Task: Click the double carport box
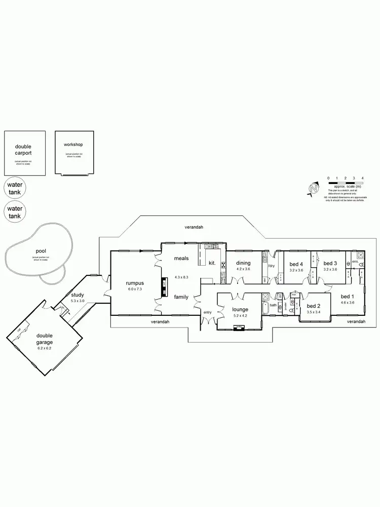point(24,152)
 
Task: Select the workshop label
point(73,144)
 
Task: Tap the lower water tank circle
point(15,212)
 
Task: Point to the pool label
point(41,251)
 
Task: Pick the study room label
point(78,295)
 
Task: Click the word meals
point(181,259)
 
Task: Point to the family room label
point(182,297)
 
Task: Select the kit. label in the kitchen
point(212,263)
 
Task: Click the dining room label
point(243,263)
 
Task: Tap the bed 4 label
point(296,264)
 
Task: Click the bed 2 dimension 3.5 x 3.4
point(314,313)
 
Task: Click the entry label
point(208,312)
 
